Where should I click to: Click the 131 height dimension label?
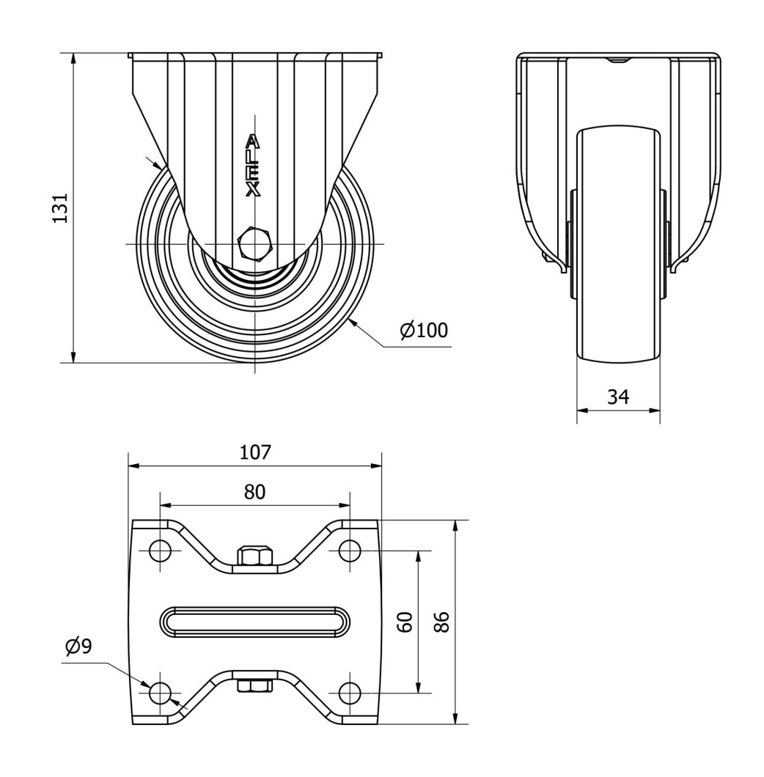(x=62, y=208)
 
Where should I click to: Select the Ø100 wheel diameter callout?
(x=425, y=330)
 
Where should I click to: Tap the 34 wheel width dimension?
(x=618, y=397)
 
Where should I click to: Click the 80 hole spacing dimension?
(x=254, y=492)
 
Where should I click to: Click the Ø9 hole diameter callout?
(x=78, y=646)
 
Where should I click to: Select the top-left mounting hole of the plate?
(x=161, y=550)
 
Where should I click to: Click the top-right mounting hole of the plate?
(x=349, y=550)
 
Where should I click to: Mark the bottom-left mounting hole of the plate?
(x=161, y=693)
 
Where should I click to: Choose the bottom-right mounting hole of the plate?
(x=349, y=693)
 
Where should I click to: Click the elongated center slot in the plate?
(x=254, y=622)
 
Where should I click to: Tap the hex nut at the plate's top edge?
(x=254, y=556)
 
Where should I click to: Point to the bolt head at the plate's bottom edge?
(x=254, y=686)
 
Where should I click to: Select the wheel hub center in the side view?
(x=254, y=279)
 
